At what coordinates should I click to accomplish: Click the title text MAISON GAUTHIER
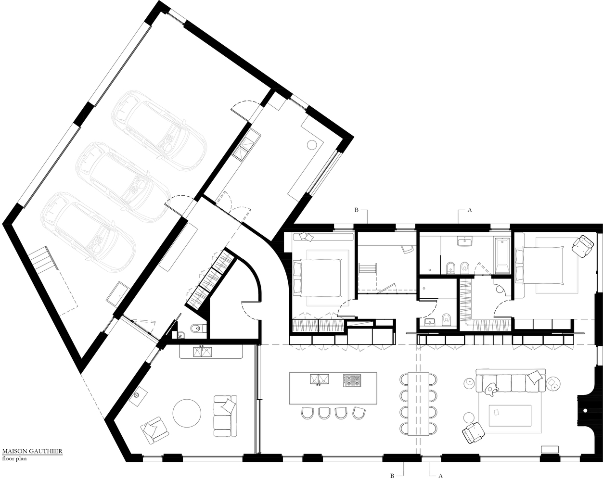point(31,452)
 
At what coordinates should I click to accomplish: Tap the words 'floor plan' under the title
point(15,459)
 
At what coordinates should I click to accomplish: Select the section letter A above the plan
point(469,210)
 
